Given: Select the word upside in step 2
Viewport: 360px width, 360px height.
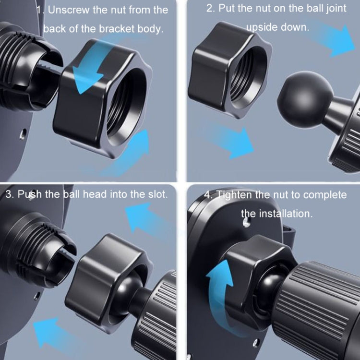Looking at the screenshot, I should coord(263,27).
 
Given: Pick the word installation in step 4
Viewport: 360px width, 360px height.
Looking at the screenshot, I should coord(286,213).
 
